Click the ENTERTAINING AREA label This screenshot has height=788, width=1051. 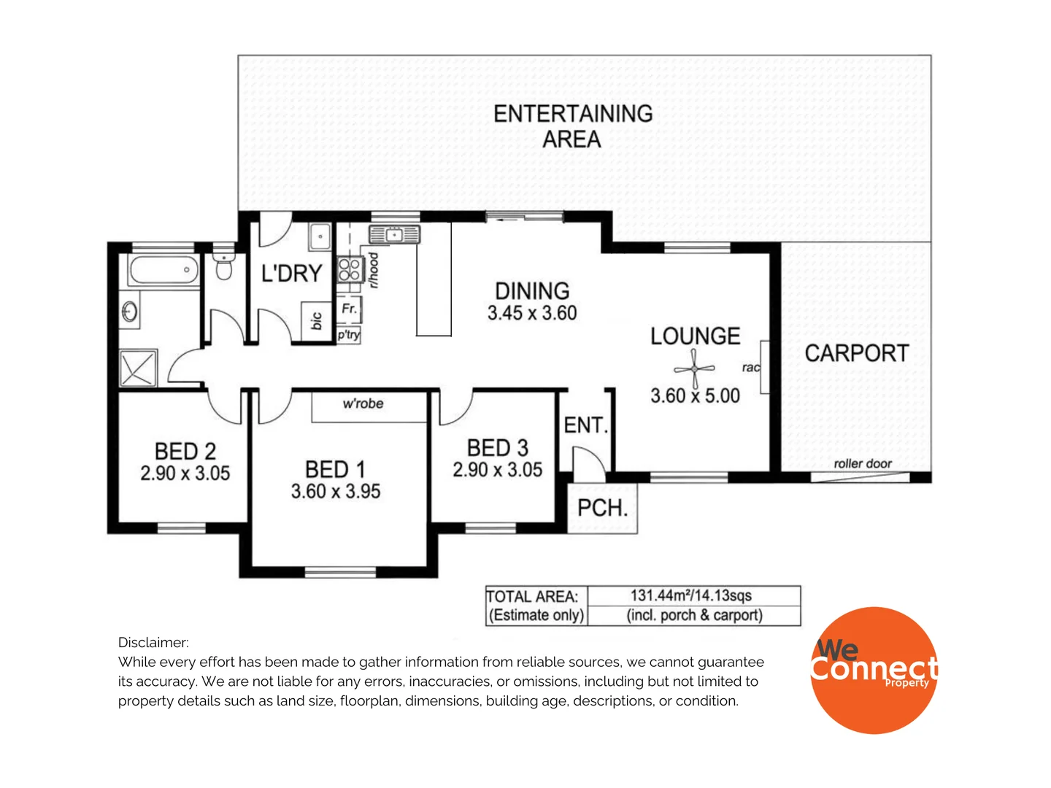[573, 125]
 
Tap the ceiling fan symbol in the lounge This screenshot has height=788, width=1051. [693, 369]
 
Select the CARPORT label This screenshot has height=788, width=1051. [856, 353]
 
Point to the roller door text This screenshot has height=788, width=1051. [863, 463]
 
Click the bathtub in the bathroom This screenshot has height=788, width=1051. [163, 270]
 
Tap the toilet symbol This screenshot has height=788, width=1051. [224, 268]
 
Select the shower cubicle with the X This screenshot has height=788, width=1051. [137, 368]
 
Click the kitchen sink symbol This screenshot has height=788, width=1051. [394, 235]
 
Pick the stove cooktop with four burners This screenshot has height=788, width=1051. [350, 269]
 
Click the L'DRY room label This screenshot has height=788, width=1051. [291, 274]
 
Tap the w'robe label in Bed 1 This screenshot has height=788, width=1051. [363, 403]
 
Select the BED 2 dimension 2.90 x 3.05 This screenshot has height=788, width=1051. [185, 474]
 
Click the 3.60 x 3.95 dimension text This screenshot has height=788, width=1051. [336, 492]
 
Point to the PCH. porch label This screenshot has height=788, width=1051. [602, 508]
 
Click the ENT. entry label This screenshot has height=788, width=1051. [585, 425]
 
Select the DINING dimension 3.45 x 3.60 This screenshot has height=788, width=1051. [532, 313]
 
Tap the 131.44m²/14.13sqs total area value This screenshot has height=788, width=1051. [690, 595]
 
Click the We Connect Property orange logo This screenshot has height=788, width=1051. [874, 670]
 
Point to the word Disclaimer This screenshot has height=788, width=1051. [153, 642]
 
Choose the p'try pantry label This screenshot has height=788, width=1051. [348, 335]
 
